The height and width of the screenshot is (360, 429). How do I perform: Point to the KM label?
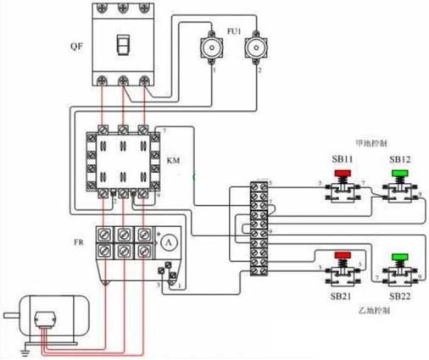coord(173,159)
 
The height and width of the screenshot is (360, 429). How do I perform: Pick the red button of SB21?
coord(343,255)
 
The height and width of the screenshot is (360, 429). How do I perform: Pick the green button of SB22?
coord(399,256)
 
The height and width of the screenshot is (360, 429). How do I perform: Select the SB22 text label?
coord(400,297)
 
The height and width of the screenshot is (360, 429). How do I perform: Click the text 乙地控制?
coord(372,313)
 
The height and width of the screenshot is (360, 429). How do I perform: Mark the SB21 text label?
coord(343,297)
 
